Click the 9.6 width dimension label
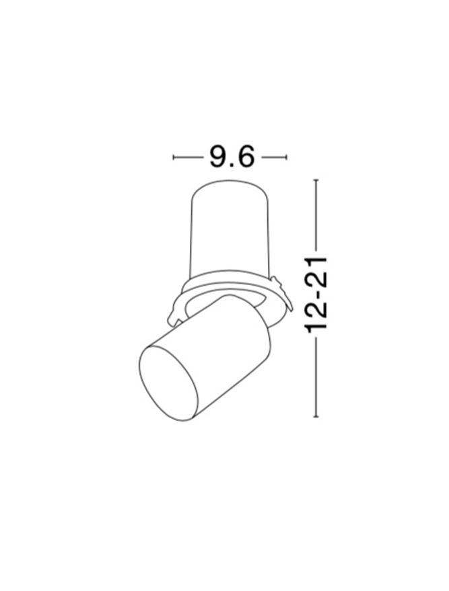232,157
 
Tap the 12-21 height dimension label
316,295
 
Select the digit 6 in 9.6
246,157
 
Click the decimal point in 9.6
232,165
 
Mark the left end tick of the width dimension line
173,157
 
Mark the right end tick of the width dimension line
286,157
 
